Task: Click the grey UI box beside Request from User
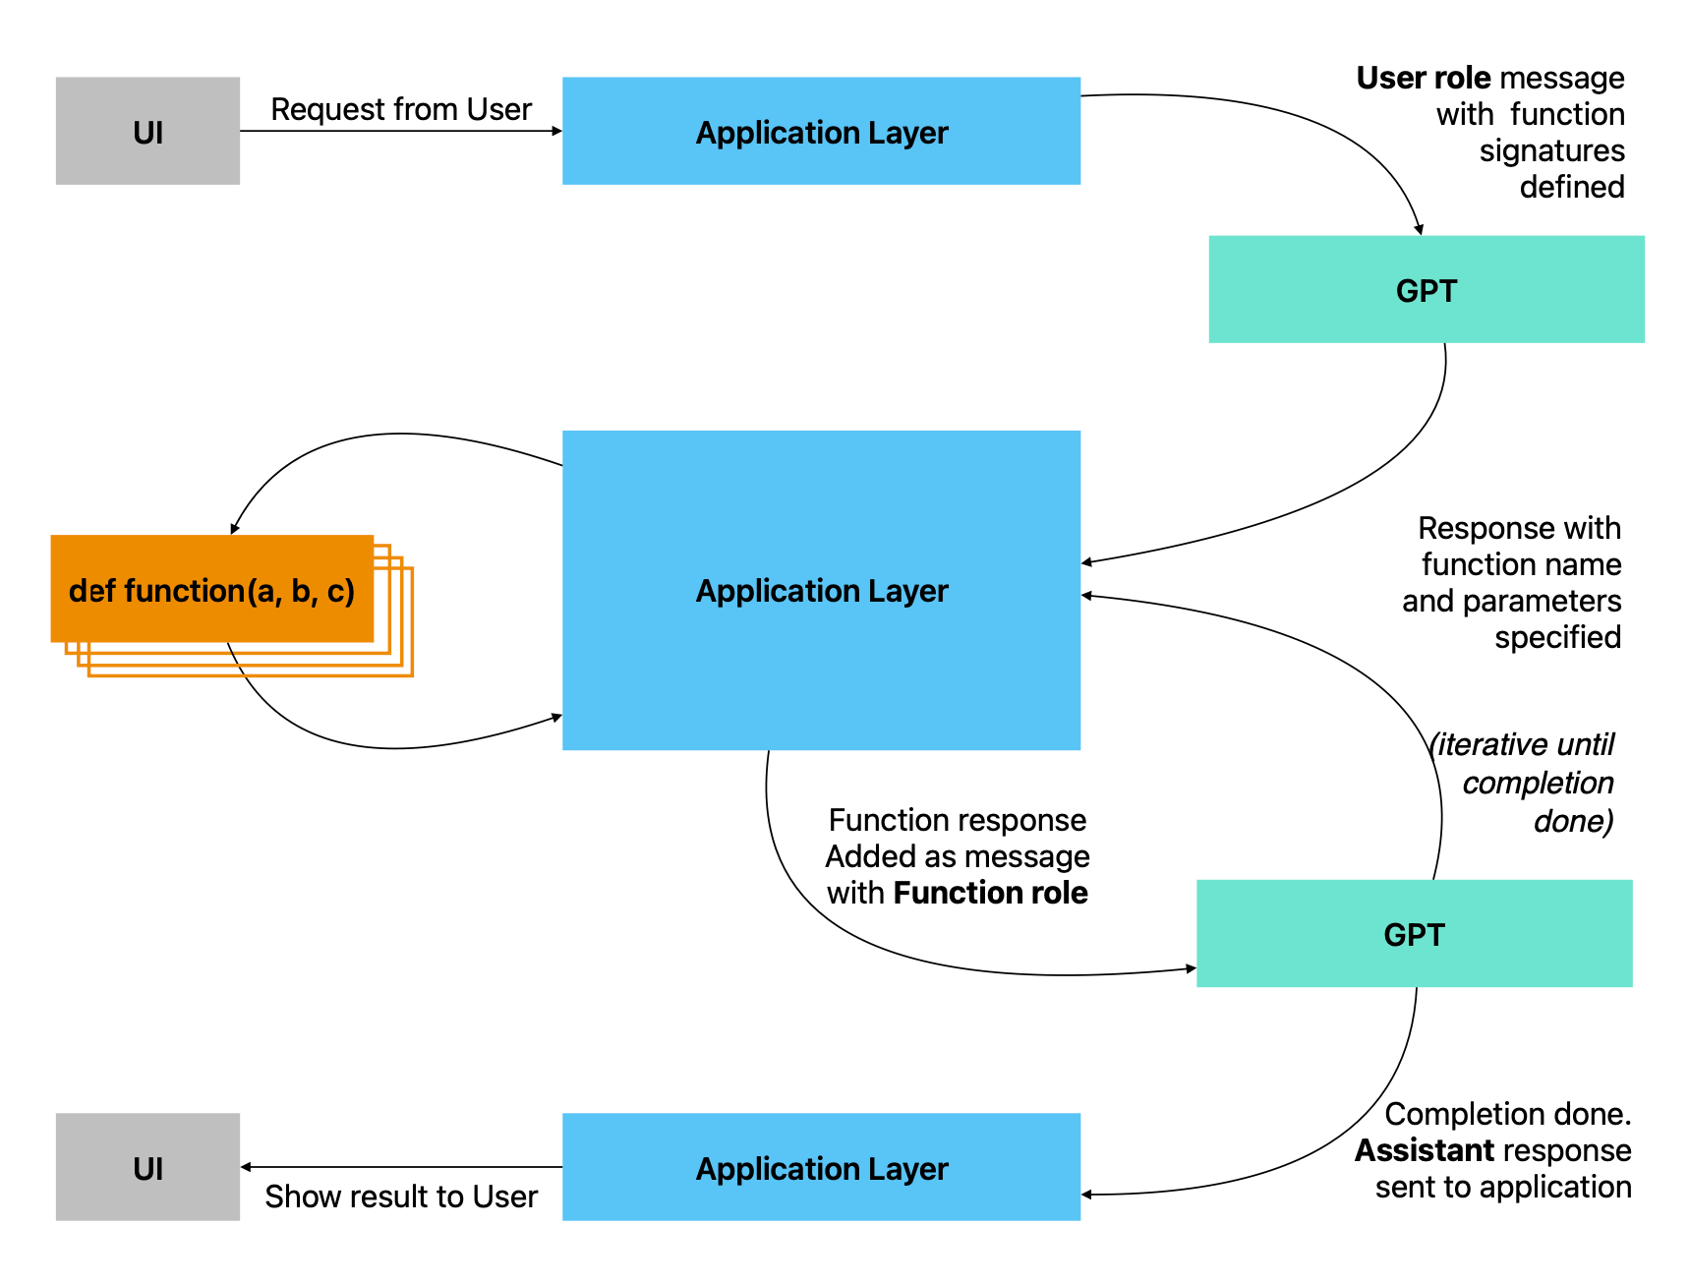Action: click(x=147, y=131)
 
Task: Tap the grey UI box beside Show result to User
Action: click(x=147, y=1167)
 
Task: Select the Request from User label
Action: click(x=401, y=109)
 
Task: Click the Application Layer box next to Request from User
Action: click(x=821, y=131)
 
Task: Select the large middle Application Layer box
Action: click(x=821, y=590)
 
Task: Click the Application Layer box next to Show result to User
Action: click(x=821, y=1167)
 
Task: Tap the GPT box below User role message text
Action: click(x=1426, y=290)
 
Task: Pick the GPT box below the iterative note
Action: click(x=1414, y=933)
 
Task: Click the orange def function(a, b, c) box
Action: click(x=211, y=590)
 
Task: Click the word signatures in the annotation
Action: click(x=1551, y=150)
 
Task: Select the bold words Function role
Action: click(x=990, y=893)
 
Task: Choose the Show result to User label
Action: click(x=401, y=1196)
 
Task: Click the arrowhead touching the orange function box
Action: click(x=234, y=529)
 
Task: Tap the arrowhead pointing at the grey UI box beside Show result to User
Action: click(x=246, y=1167)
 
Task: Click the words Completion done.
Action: click(x=1507, y=1114)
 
